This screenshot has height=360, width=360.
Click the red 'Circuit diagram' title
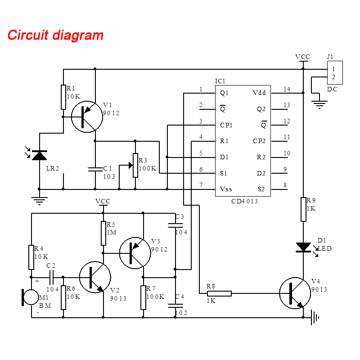click(x=55, y=35)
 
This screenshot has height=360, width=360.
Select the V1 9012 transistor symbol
click(x=87, y=117)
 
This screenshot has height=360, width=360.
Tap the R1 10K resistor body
click(x=63, y=97)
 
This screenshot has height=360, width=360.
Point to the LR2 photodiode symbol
click(x=39, y=155)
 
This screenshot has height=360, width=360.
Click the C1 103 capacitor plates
click(x=95, y=169)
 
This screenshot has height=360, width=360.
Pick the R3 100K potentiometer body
click(x=135, y=165)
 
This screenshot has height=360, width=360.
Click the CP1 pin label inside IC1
click(x=226, y=125)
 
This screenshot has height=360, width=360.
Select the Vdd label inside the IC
click(x=259, y=93)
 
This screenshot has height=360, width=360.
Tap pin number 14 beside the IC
click(x=287, y=89)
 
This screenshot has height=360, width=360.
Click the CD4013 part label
click(x=244, y=201)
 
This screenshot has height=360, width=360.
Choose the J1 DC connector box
click(x=335, y=72)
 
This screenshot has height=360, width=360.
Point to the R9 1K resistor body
click(x=303, y=209)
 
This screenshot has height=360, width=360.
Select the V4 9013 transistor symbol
click(x=295, y=293)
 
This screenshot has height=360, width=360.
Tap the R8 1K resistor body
click(x=219, y=293)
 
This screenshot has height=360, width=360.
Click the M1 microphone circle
click(x=31, y=297)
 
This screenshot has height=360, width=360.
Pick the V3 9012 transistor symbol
click(x=135, y=253)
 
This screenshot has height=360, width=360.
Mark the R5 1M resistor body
click(x=103, y=233)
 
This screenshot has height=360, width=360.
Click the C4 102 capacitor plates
click(x=175, y=306)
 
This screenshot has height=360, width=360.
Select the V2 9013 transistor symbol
click(x=95, y=277)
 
